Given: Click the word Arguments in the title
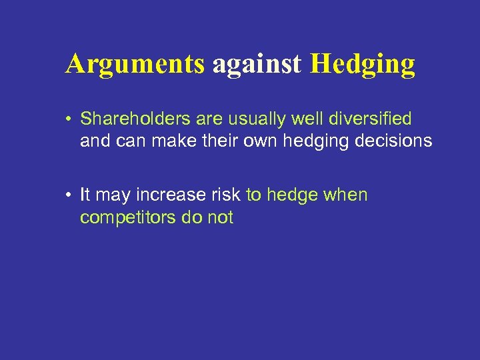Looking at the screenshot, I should click(x=135, y=64).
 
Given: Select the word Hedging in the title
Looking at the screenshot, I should click(x=363, y=64).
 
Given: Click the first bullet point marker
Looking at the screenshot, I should click(x=69, y=119).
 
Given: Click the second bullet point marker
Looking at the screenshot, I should click(x=69, y=195).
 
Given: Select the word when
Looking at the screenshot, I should click(x=344, y=195).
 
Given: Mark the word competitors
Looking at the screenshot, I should click(x=127, y=217).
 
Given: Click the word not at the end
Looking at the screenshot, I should click(x=221, y=217).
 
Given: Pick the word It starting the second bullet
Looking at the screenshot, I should click(x=85, y=195).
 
